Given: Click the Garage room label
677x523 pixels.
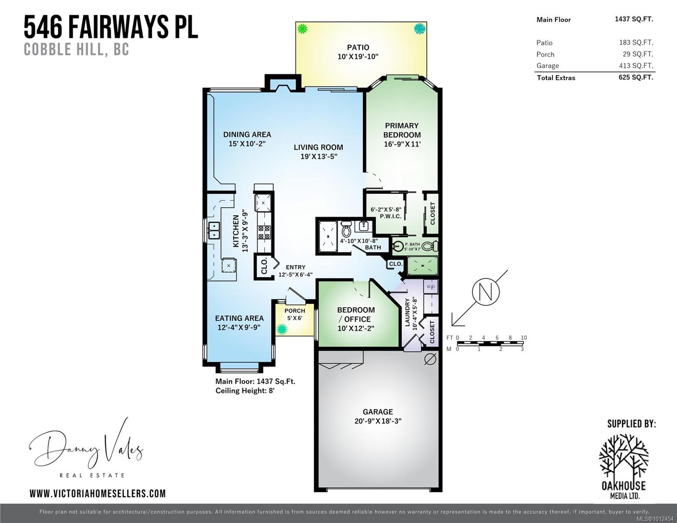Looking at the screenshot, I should pyautogui.click(x=378, y=412).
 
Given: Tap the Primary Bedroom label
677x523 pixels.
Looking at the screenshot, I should pyautogui.click(x=401, y=130).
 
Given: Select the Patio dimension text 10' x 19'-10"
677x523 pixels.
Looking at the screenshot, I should pyautogui.click(x=357, y=57).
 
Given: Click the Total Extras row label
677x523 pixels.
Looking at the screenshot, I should pyautogui.click(x=556, y=78).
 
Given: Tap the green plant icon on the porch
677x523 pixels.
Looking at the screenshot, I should pyautogui.click(x=282, y=329).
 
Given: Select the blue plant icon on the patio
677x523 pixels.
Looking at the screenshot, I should pyautogui.click(x=419, y=29).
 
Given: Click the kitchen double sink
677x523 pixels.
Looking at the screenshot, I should pyautogui.click(x=214, y=231).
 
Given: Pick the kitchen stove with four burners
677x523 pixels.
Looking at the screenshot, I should pyautogui.click(x=264, y=232).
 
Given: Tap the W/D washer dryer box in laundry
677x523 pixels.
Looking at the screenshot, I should pyautogui.click(x=431, y=287).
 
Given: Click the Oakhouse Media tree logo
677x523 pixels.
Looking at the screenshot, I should pyautogui.click(x=623, y=456).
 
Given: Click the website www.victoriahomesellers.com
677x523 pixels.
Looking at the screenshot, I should pyautogui.click(x=98, y=493).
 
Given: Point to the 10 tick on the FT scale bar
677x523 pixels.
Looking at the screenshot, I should pyautogui.click(x=524, y=338).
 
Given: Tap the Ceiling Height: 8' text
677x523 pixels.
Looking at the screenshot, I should pyautogui.click(x=245, y=391).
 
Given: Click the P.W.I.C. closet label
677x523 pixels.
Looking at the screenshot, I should pyautogui.click(x=390, y=216).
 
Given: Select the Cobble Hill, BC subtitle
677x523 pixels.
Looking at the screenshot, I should pyautogui.click(x=76, y=49).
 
